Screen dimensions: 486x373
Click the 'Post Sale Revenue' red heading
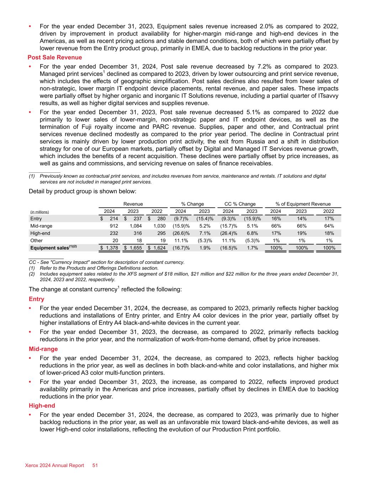tap(55, 57)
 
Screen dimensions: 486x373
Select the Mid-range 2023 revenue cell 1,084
tap(135, 226)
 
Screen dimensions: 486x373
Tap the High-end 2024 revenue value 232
tap(113, 233)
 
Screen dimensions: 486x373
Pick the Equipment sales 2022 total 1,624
tap(159, 248)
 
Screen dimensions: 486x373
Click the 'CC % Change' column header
tap(240, 204)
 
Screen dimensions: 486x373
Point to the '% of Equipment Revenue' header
tap(303, 204)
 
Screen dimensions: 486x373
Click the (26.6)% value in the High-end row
tap(181, 233)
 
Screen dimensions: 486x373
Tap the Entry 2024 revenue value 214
tap(114, 219)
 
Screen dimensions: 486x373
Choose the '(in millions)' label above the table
tap(40, 212)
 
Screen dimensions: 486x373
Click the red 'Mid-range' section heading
tap(43, 349)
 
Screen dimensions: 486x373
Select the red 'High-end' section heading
tap(42, 406)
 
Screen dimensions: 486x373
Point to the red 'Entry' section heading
tap(36, 299)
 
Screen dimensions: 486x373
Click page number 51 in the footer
tap(95, 465)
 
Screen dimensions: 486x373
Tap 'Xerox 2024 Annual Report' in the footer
tap(55, 465)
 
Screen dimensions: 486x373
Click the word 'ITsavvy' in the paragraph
tap(328, 96)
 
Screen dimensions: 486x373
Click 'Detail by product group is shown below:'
tap(82, 191)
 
